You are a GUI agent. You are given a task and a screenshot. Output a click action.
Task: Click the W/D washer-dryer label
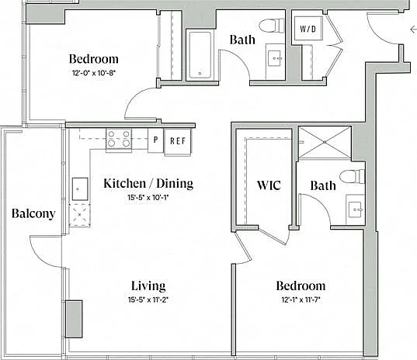click(x=308, y=29)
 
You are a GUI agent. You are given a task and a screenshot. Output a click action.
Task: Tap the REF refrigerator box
click(x=178, y=142)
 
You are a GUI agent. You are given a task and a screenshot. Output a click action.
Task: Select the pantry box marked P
click(x=155, y=140)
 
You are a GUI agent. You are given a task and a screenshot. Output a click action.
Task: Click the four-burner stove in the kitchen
click(x=119, y=140)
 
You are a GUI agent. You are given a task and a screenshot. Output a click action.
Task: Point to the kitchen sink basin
click(x=80, y=189)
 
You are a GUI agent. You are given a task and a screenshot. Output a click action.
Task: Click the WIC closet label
click(x=269, y=185)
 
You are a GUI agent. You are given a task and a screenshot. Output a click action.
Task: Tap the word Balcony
click(x=33, y=213)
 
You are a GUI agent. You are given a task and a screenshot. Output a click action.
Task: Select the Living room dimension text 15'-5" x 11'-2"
click(x=148, y=300)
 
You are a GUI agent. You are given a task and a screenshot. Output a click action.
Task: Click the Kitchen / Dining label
click(x=148, y=184)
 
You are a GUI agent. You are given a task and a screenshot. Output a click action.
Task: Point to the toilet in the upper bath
click(x=272, y=26)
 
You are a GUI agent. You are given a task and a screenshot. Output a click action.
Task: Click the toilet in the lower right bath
click(x=352, y=176)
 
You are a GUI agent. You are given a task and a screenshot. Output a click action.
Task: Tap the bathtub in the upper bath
click(x=200, y=55)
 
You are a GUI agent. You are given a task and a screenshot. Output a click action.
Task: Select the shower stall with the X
click(x=325, y=143)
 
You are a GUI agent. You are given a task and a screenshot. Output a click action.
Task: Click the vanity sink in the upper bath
click(x=275, y=59)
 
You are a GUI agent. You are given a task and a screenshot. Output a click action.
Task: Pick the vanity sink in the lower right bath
click(x=355, y=209)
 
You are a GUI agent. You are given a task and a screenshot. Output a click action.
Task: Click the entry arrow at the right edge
click(x=414, y=29)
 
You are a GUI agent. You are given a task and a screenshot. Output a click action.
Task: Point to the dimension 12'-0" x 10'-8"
click(x=94, y=73)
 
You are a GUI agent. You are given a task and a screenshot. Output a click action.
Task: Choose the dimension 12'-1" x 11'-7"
click(x=301, y=300)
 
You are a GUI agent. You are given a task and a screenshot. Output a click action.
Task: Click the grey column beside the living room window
click(x=74, y=319)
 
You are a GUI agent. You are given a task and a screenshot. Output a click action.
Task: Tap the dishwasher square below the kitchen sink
click(x=79, y=215)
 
